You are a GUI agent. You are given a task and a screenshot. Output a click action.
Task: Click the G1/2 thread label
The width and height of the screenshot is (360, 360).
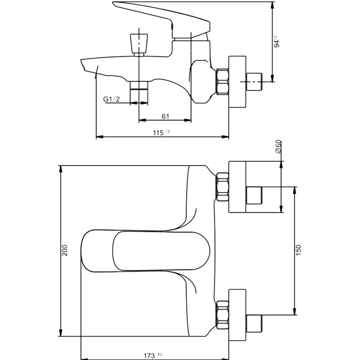(111, 99)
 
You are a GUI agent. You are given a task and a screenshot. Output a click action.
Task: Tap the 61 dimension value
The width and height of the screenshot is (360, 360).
(165, 116)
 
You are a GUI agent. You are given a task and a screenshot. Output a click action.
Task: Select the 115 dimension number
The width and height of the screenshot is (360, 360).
(158, 133)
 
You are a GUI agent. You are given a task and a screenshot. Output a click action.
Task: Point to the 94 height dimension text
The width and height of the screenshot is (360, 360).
(277, 44)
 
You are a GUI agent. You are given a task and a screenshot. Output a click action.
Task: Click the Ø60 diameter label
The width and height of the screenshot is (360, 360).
(278, 146)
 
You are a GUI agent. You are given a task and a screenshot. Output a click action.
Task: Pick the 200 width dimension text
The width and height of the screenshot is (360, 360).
(65, 250)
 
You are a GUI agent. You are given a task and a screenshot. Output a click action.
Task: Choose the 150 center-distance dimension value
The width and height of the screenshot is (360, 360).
(298, 250)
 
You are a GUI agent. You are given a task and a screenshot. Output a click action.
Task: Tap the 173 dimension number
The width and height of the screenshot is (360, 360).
(149, 356)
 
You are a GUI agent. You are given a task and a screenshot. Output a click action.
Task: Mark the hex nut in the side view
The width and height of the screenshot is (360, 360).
(222, 82)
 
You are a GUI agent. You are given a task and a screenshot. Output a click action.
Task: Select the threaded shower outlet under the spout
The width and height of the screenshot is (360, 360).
(139, 92)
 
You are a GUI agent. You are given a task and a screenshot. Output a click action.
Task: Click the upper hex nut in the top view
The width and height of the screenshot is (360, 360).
(222, 187)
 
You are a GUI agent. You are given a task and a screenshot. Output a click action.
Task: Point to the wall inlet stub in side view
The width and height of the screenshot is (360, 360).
(254, 82)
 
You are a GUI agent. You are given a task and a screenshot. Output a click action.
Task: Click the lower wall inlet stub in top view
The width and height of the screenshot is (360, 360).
(254, 324)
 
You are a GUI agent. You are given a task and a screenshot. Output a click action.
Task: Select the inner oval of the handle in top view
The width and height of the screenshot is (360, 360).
(161, 251)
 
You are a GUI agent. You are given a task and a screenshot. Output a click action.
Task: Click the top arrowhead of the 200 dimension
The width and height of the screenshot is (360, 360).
(61, 169)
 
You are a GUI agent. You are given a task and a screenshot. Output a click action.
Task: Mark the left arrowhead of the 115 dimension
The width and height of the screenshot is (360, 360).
(100, 137)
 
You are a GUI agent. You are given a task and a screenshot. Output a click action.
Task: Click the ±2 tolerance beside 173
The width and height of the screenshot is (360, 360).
(160, 354)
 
